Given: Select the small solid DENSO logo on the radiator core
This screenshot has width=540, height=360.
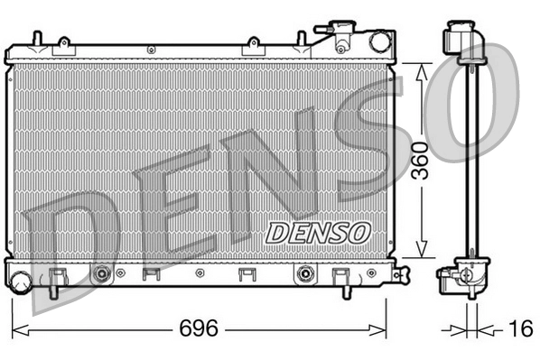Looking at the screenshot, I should (x=319, y=232).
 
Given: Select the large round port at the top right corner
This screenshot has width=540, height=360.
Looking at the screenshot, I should (x=378, y=41).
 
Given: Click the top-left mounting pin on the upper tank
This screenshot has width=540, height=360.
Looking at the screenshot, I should (x=36, y=37).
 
